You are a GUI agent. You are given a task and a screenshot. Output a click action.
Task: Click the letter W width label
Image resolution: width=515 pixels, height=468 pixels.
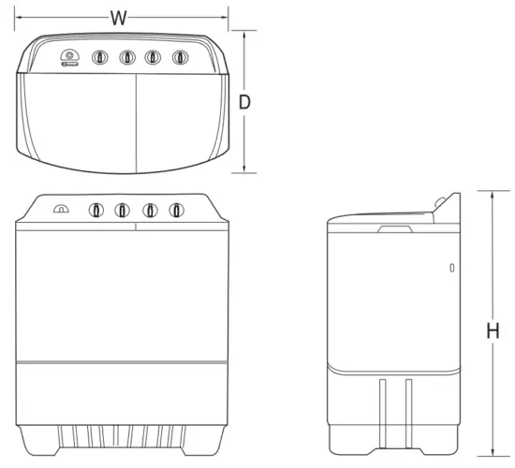coord(118,17)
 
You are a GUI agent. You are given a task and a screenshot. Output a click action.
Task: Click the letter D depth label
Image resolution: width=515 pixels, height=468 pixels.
coord(244,103)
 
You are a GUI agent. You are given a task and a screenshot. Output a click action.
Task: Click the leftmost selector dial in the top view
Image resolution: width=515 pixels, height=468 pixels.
coord(68,58)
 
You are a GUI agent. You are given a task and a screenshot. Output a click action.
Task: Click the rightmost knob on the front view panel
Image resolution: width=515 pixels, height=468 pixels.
coord(175,210)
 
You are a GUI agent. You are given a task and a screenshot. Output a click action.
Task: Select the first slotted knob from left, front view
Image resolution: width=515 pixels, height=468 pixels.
coord(96,211)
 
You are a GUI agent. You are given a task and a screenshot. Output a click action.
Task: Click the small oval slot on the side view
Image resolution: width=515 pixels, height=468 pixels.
coord(452,269)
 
